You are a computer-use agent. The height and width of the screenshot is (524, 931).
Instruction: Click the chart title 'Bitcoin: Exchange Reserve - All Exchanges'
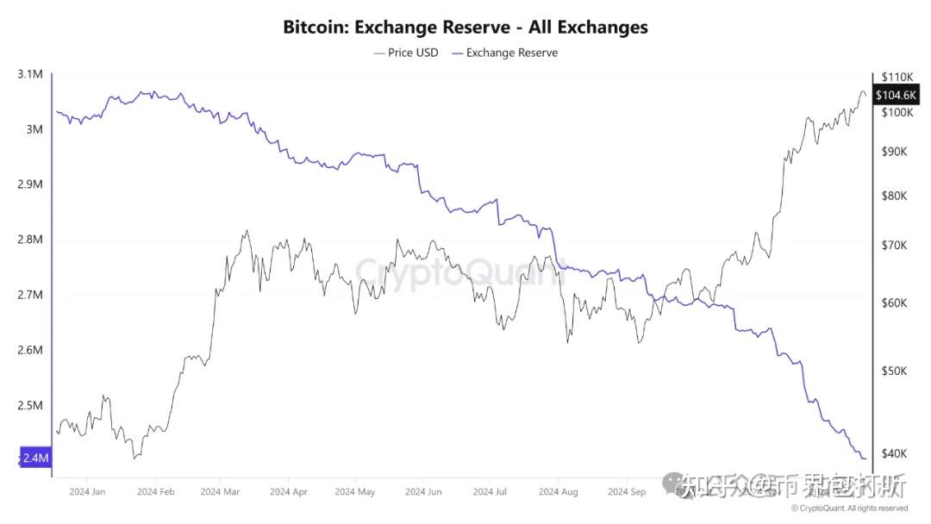[x=465, y=27]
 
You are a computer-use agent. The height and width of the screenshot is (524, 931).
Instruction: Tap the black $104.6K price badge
[x=896, y=95]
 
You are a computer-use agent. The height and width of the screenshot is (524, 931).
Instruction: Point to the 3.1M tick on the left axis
[x=29, y=74]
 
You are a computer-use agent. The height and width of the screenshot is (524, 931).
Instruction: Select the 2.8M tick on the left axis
[x=29, y=240]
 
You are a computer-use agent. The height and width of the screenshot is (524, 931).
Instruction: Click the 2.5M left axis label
[x=29, y=406]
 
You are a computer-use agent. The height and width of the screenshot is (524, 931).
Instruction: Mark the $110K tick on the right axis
[x=895, y=77]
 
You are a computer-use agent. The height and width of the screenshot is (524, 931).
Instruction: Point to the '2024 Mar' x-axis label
[x=220, y=492]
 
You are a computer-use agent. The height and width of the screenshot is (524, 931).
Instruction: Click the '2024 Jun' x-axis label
[x=422, y=492]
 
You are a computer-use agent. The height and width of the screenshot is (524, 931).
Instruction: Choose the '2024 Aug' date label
[x=558, y=492]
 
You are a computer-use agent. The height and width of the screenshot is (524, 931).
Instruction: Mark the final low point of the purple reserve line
[x=865, y=458]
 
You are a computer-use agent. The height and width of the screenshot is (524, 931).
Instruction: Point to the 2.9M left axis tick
[x=29, y=184]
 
